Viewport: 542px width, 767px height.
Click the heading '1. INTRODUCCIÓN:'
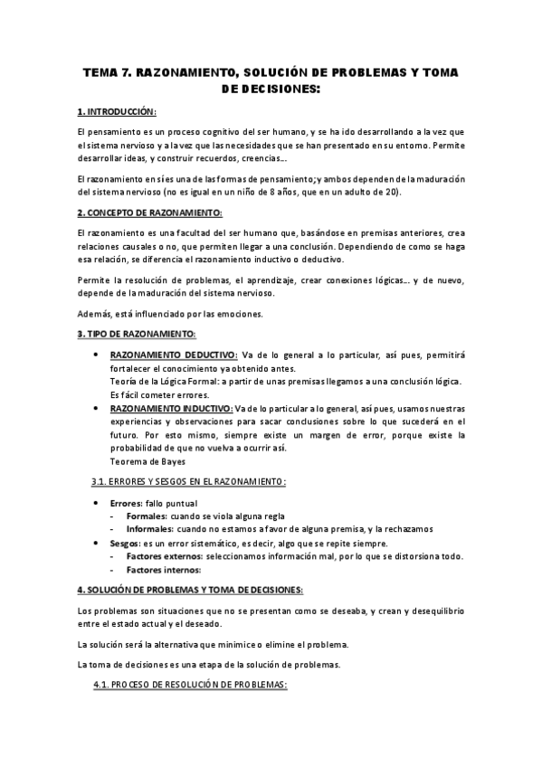(x=118, y=111)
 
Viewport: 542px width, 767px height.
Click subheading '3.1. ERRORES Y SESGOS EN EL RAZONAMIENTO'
(x=189, y=481)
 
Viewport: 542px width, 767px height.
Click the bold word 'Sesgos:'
(x=127, y=543)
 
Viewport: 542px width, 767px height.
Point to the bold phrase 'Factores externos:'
(x=168, y=556)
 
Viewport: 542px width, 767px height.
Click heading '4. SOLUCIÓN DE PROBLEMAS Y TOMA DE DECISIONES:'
(x=190, y=590)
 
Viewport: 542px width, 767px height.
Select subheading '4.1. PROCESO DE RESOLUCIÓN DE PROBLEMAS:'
(x=190, y=685)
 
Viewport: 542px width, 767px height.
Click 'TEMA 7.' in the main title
(x=108, y=71)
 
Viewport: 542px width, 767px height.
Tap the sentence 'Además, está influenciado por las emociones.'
(x=169, y=313)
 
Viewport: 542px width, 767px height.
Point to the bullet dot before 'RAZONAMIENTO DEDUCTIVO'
(x=97, y=355)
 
